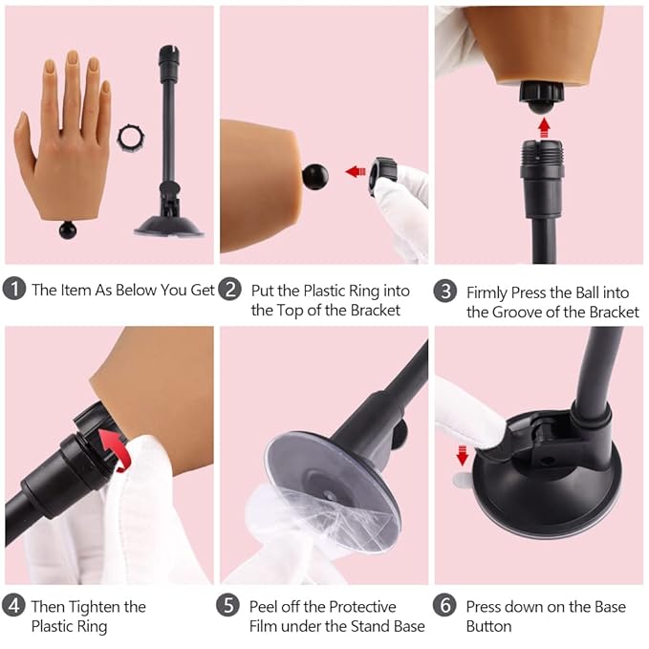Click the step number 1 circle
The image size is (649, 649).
pyautogui.click(x=14, y=290)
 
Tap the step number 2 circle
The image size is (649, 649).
pyautogui.click(x=230, y=290)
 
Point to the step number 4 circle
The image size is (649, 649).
pyautogui.click(x=14, y=606)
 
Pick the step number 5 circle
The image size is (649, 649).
pyautogui.click(x=230, y=606)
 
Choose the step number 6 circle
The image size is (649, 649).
pyautogui.click(x=445, y=606)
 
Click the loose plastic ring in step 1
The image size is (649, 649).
pyautogui.click(x=129, y=139)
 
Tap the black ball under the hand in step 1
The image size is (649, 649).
pyautogui.click(x=67, y=229)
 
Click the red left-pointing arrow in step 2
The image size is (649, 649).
pyautogui.click(x=356, y=172)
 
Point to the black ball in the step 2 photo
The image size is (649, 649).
pyautogui.click(x=314, y=177)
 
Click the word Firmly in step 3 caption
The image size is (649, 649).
pyautogui.click(x=488, y=292)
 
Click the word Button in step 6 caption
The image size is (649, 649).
pyautogui.click(x=488, y=627)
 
